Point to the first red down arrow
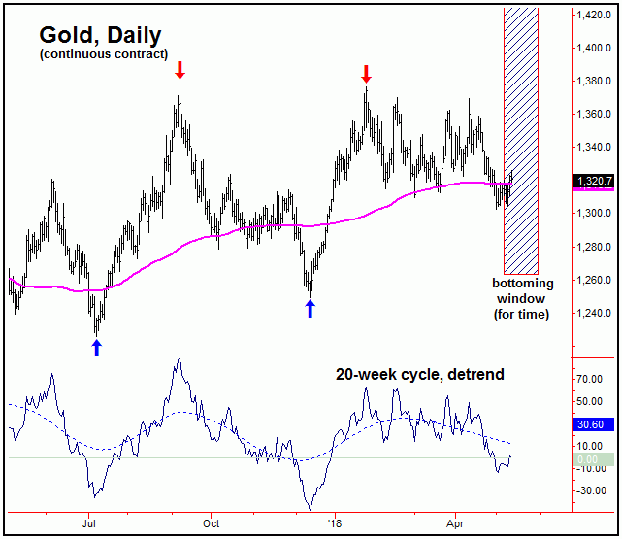point(180,71)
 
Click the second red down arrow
point(366,74)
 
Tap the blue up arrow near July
point(96,347)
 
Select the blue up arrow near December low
point(310,308)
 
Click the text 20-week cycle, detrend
point(420,374)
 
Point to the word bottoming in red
point(522,284)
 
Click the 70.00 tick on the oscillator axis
point(589,379)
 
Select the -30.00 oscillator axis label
point(589,490)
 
